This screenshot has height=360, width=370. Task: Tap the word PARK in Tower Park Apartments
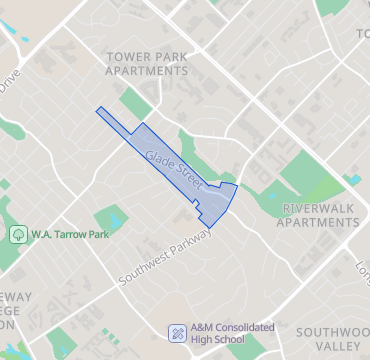171,56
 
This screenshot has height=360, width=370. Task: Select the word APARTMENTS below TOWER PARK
148,73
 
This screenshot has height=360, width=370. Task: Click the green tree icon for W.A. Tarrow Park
17,234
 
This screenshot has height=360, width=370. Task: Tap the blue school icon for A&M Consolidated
177,332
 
